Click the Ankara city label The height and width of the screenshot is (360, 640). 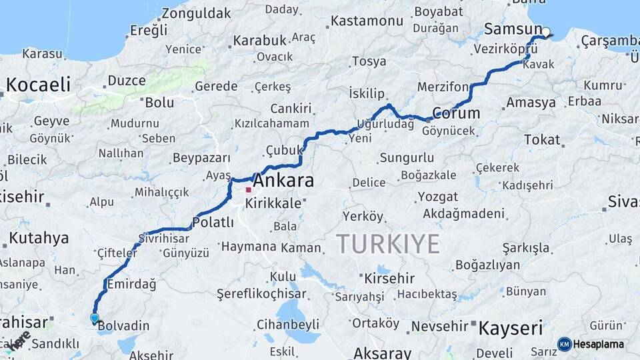pos(284,181)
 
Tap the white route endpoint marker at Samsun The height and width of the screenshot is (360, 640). pos(546,32)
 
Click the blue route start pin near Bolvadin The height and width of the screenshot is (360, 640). pos(95,319)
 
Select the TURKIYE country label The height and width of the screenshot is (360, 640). pos(388,244)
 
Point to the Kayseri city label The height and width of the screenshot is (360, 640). pos(510,327)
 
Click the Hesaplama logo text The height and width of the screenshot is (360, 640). pos(598,344)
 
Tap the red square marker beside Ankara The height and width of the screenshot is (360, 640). pos(249,190)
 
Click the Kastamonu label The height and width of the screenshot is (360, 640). pos(367,21)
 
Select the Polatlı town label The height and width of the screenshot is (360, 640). pos(213,222)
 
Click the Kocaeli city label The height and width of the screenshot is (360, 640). pos(38,85)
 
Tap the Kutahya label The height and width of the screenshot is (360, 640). pos(38,238)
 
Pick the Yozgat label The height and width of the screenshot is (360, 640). pos(437,197)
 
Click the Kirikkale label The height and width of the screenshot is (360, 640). pos(273,203)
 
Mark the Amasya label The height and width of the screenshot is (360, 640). pos(531,103)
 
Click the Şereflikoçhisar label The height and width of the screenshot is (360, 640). pos(263,293)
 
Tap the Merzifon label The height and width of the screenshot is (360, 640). pos(443,87)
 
